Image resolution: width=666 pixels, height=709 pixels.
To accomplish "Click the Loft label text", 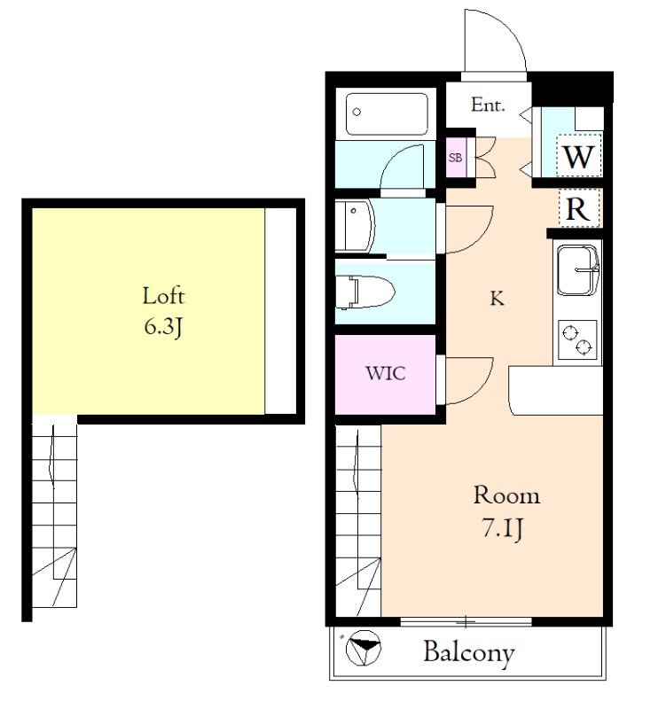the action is click(163, 296).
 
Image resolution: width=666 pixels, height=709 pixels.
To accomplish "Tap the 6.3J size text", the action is click(163, 326).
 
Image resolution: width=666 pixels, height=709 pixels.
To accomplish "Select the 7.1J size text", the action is click(503, 527).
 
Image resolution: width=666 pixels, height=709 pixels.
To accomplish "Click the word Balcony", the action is click(469, 652).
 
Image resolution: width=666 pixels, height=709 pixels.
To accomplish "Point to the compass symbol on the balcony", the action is click(363, 648).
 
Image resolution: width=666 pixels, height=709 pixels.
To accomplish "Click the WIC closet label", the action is click(386, 373).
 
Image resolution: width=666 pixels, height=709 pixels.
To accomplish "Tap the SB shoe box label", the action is click(456, 158).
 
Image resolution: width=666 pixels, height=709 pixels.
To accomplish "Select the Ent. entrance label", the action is click(488, 105).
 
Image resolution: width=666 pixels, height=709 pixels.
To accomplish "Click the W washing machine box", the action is click(579, 156).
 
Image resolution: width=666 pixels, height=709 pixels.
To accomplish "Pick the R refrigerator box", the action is click(578, 208).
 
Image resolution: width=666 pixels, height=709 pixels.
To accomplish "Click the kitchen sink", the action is click(578, 270).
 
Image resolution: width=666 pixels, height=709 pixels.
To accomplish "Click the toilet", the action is click(365, 292).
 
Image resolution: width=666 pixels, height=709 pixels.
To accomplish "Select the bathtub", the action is click(387, 114).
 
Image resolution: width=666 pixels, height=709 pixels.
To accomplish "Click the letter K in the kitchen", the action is click(497, 299).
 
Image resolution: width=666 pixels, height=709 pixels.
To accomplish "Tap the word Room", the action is click(506, 495).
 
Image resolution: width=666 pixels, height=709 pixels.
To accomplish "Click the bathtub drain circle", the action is click(357, 112).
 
